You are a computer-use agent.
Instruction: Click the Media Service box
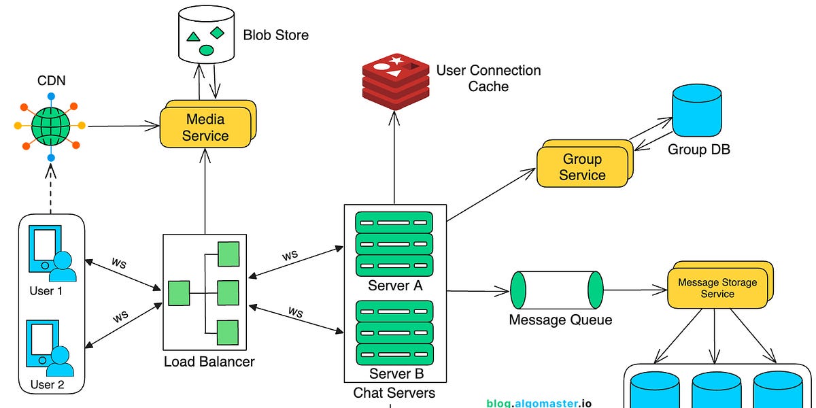click(206, 127)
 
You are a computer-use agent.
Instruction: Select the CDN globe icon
click(51, 125)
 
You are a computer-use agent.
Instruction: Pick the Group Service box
click(583, 167)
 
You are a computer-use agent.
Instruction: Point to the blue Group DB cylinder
click(696, 112)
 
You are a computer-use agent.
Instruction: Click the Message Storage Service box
click(717, 288)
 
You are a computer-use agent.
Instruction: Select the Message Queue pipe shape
click(557, 290)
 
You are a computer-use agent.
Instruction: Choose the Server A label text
click(395, 286)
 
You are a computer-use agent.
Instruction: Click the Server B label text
click(395, 374)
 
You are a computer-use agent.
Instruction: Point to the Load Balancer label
click(209, 362)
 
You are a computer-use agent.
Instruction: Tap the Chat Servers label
click(394, 393)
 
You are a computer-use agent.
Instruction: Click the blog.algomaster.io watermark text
click(539, 403)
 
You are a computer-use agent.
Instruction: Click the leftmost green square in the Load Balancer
click(179, 293)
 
